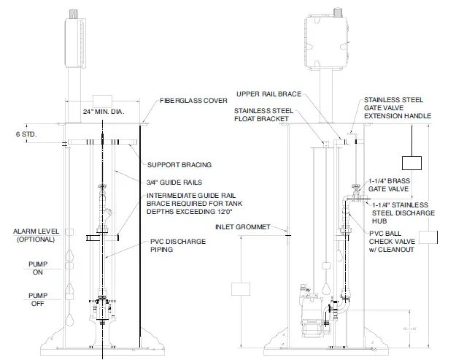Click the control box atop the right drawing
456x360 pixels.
(x=321, y=36)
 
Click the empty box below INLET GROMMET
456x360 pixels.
(x=241, y=288)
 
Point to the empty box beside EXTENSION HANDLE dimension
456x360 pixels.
(x=412, y=165)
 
